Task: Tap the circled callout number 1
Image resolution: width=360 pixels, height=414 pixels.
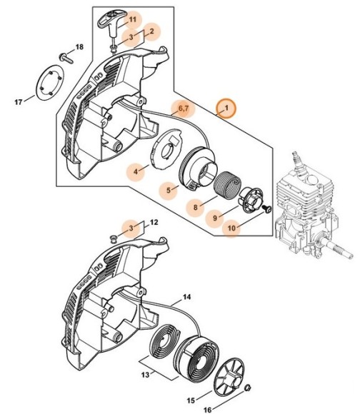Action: tap(226, 108)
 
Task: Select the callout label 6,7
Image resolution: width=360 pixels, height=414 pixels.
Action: tap(183, 108)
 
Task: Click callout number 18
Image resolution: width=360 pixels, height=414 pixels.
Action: tap(80, 47)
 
